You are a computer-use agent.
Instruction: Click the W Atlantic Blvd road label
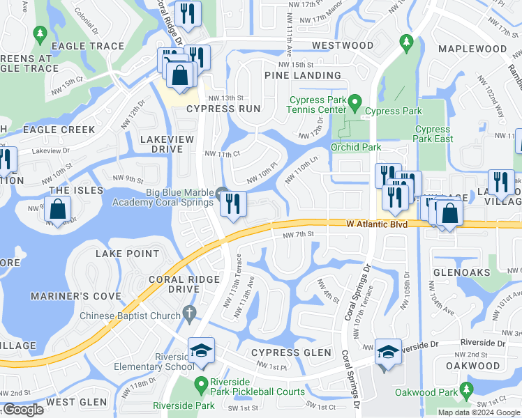click(x=376, y=224)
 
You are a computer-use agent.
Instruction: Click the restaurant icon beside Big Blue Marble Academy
click(x=233, y=204)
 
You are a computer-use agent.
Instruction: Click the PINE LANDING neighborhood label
click(x=302, y=75)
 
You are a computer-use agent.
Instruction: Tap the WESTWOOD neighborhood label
click(x=343, y=45)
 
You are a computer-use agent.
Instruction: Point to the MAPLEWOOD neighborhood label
click(x=472, y=49)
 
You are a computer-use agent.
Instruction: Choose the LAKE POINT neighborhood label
click(x=127, y=254)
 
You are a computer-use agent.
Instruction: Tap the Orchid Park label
click(x=356, y=147)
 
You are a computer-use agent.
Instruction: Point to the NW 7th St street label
click(x=299, y=235)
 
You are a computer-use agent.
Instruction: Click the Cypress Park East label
click(x=433, y=134)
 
